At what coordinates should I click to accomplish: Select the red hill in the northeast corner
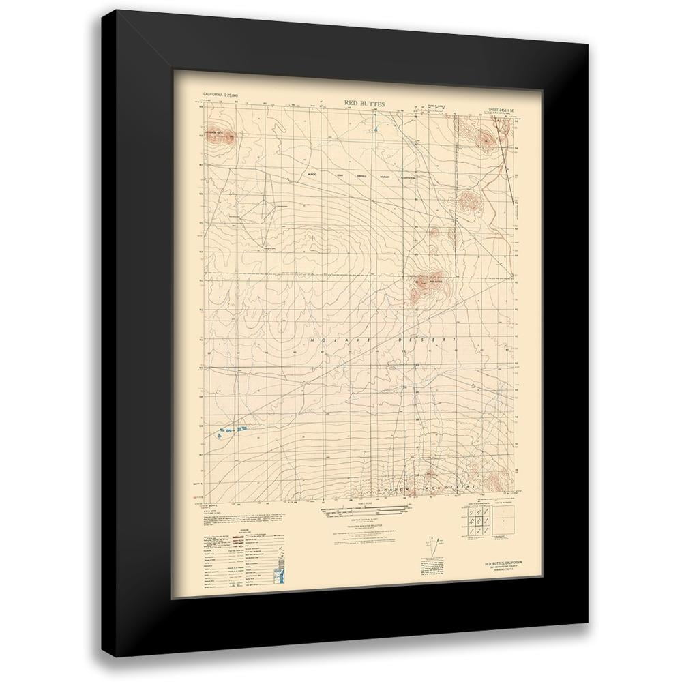point(484,140)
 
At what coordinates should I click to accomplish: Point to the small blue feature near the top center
point(374,128)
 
